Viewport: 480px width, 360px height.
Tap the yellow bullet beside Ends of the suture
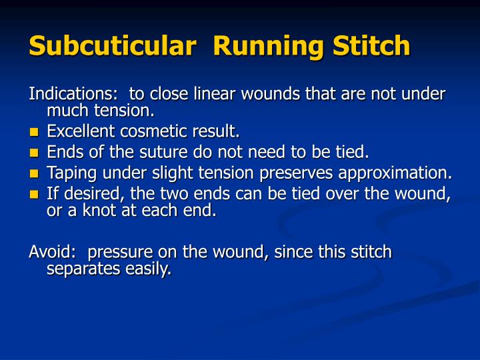[35, 153]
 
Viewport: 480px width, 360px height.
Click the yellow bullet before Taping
[35, 174]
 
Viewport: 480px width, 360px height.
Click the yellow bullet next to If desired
[35, 195]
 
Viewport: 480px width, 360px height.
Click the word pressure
[117, 253]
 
